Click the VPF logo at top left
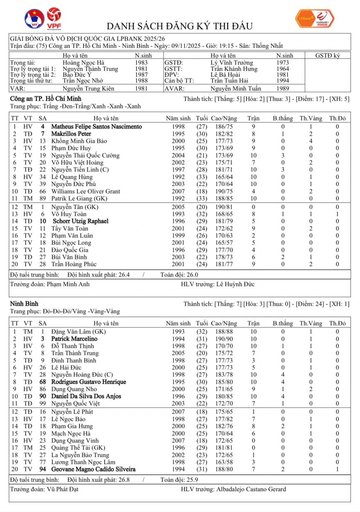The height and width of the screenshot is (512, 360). point(54,18)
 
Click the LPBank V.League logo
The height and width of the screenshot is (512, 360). point(315,19)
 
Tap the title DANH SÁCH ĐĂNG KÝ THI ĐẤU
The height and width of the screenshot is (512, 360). point(180,26)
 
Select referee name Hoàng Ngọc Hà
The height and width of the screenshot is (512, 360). point(83,63)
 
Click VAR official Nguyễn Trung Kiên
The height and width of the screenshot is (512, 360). point(88,89)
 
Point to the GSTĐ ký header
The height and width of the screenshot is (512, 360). point(327,56)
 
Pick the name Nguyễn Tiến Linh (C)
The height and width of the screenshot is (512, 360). point(80,170)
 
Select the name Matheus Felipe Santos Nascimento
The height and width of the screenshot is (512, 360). point(96,126)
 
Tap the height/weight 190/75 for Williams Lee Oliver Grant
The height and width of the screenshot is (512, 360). point(224,191)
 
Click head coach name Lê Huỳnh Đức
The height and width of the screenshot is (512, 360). point(235,284)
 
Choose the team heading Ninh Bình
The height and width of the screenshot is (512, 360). point(24,304)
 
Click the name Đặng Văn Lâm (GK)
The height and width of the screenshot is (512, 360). point(79,332)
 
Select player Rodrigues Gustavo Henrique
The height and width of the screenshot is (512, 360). point(89,382)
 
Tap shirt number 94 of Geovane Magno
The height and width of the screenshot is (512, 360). point(42,469)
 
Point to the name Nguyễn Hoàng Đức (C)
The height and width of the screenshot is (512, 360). point(82,375)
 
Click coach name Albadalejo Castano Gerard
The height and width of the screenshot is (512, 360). point(251,489)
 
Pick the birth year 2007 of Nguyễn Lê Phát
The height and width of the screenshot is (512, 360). point(178,412)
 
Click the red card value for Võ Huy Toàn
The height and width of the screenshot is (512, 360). point(337,214)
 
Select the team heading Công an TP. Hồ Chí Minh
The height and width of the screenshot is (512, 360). point(46,99)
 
